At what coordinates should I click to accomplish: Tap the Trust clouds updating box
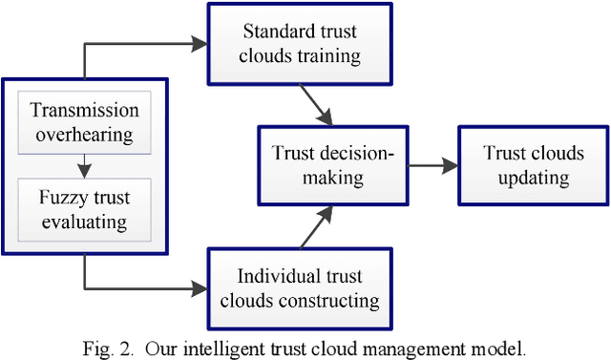pos(526,165)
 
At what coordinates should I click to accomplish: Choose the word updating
pos(526,178)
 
